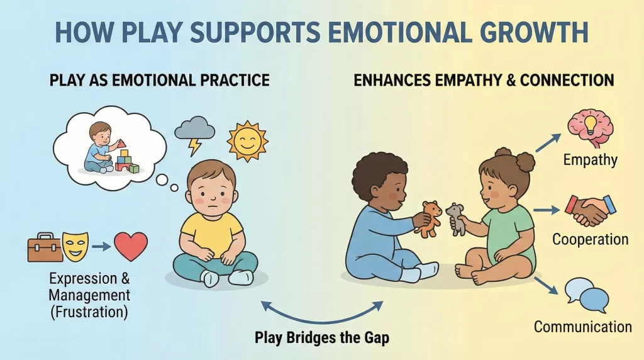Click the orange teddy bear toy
tap(431, 218)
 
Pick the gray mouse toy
tap(456, 218)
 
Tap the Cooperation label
tap(590, 240)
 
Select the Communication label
tap(583, 327)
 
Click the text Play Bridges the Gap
tap(321, 337)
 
